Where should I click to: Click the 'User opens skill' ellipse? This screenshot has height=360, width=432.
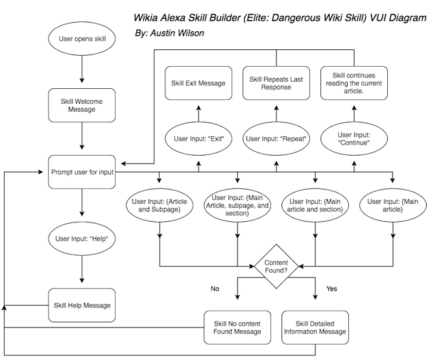tap(82, 39)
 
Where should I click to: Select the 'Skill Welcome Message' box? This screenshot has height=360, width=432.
tap(82, 106)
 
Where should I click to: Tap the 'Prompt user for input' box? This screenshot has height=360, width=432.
tap(82, 172)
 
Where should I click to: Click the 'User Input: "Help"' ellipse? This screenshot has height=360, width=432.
tap(82, 239)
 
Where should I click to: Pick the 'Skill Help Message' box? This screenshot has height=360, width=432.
tap(82, 305)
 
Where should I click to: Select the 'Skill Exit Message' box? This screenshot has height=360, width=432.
tap(198, 83)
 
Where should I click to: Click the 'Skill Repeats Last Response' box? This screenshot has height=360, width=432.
tap(276, 83)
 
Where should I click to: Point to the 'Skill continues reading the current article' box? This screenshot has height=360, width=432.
tap(354, 83)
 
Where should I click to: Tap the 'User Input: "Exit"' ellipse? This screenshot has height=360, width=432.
tap(198, 139)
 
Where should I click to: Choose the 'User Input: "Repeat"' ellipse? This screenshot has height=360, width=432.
tap(276, 139)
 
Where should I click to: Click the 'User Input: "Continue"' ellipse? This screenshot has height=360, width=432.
tap(354, 139)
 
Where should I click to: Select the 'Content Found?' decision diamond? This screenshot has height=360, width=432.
tap(276, 267)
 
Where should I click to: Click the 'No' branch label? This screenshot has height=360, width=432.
tap(215, 289)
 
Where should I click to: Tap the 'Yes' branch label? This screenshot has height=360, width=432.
tap(331, 289)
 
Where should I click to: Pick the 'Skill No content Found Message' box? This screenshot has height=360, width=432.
tap(237, 328)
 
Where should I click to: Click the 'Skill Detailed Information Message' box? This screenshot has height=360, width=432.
tap(315, 328)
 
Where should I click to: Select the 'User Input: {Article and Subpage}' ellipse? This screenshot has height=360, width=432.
tap(160, 206)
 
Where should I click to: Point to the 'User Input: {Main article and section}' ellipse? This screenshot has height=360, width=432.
tap(315, 206)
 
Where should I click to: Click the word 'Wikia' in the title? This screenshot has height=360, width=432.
tap(145, 18)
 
